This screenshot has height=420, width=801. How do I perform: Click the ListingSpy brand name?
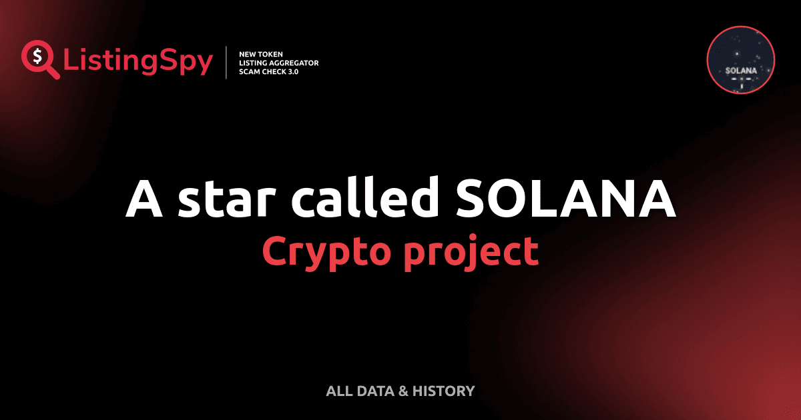click(138, 62)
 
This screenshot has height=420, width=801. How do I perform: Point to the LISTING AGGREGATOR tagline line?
click(278, 62)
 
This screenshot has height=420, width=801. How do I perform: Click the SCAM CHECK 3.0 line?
click(268, 71)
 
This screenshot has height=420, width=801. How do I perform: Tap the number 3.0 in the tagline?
click(292, 71)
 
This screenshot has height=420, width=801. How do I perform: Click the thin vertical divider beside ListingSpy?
click(227, 62)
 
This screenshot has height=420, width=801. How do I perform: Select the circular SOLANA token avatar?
click(740, 61)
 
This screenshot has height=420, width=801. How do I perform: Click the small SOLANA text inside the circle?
click(740, 70)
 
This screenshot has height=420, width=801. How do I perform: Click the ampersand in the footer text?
click(403, 391)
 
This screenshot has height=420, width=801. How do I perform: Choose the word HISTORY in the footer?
click(443, 391)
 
